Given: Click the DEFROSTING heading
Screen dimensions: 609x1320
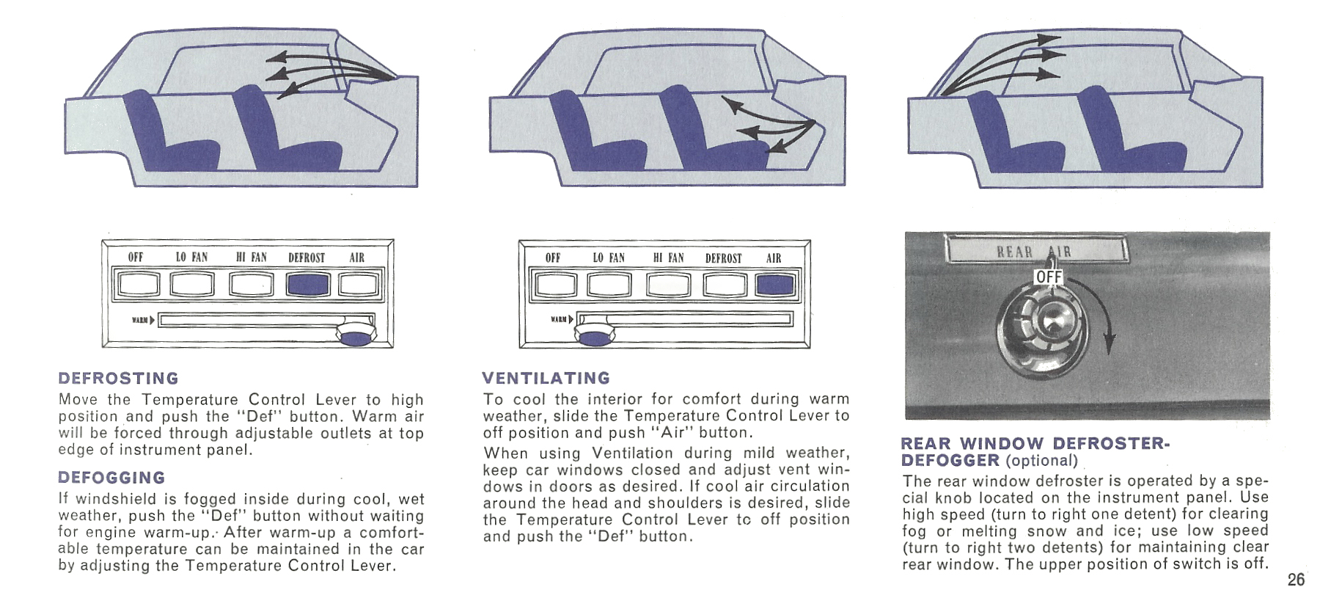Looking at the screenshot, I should click(x=118, y=379).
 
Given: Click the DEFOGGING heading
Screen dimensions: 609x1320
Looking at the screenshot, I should click(x=111, y=478).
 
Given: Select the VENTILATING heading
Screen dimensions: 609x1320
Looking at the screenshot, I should click(x=546, y=379).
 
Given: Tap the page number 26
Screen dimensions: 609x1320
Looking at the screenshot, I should click(x=1296, y=580).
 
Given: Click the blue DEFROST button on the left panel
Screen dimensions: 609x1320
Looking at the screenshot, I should click(x=308, y=284).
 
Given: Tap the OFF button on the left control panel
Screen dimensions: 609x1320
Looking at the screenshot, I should click(x=138, y=284).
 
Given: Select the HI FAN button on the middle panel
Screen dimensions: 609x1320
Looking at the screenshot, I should click(x=667, y=285).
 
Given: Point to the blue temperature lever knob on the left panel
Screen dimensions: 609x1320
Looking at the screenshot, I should click(x=356, y=337).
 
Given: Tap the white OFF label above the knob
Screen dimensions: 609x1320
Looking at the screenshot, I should click(x=1049, y=277).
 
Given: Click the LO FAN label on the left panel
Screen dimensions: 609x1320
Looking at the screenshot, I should click(x=191, y=258).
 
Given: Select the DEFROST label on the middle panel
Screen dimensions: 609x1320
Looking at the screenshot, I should click(x=723, y=258).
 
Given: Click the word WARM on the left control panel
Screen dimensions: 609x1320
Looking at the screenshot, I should click(x=139, y=320).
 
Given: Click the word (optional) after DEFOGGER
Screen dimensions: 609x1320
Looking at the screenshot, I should click(x=1041, y=461).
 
